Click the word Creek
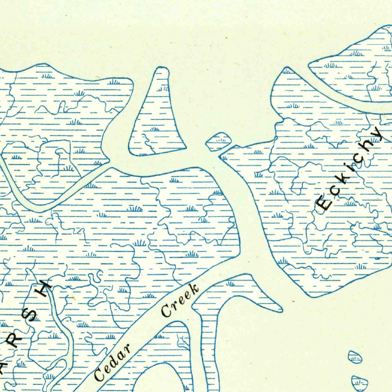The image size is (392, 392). (x=180, y=301)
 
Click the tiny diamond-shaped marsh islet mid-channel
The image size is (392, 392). (x=219, y=142)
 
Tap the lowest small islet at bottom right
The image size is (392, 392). (x=360, y=382)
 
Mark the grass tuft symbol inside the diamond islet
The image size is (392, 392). (x=219, y=140)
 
